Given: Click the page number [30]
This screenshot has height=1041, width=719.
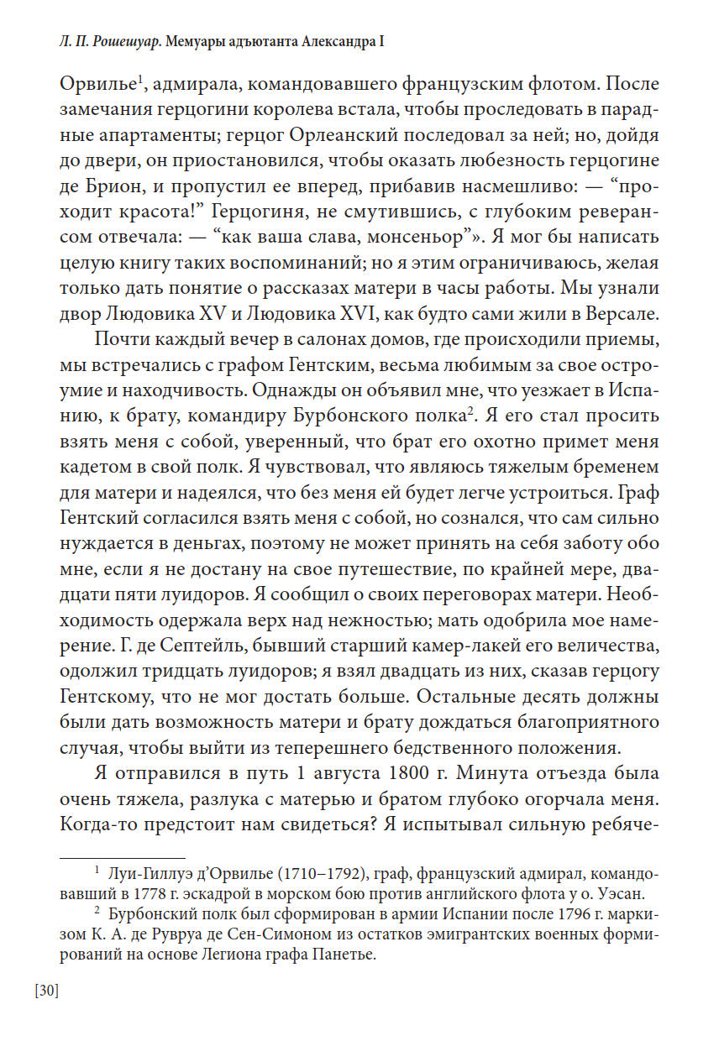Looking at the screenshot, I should [46, 991].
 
